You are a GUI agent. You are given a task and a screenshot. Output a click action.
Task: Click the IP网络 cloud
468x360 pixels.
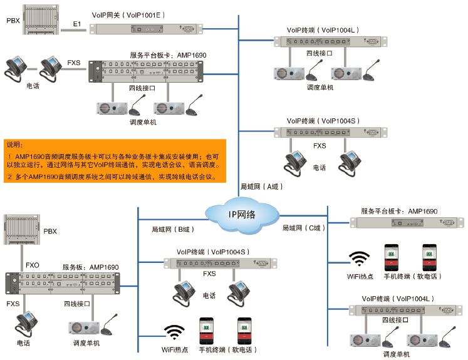pos(241,214)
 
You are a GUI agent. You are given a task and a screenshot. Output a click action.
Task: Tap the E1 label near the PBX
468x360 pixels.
pos(77,24)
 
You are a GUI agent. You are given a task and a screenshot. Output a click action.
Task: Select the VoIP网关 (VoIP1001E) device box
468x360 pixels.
pos(145,28)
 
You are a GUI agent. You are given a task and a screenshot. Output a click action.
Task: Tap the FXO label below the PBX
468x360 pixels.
pos(32,265)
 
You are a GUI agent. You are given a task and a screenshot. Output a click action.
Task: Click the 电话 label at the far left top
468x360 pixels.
pos(33,86)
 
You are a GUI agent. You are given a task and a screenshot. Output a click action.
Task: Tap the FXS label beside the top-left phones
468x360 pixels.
pos(75,61)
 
